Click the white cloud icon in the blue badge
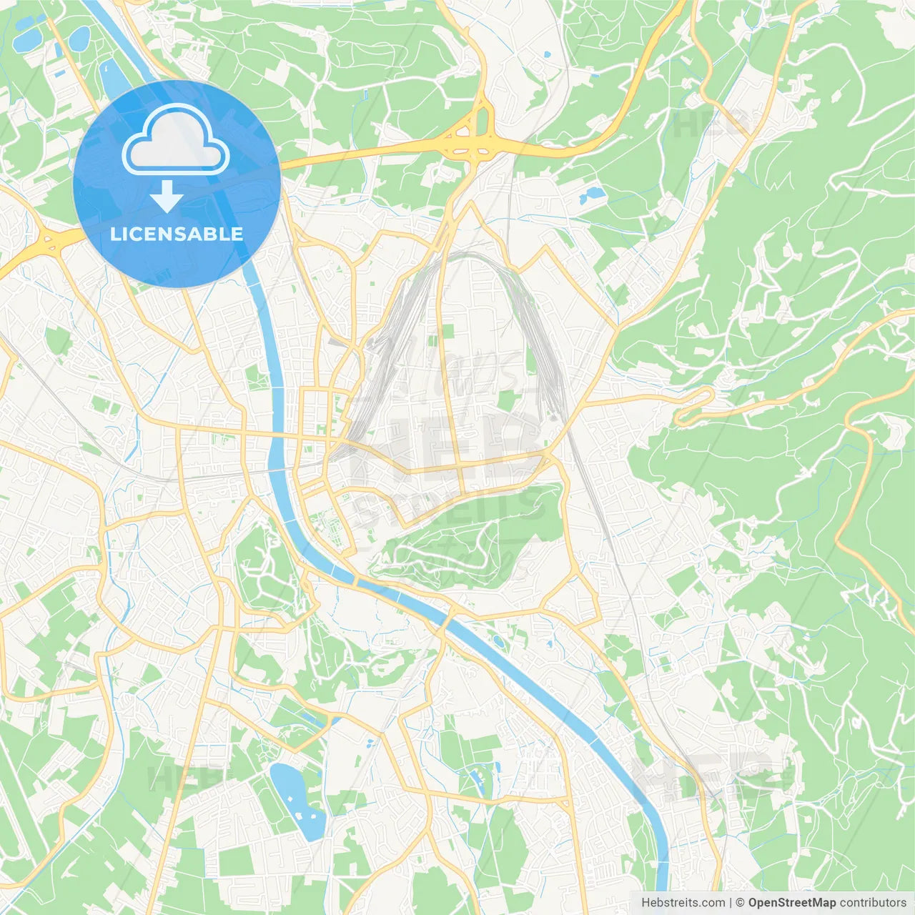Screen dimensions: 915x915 pos(176,139)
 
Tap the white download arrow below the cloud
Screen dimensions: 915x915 pos(167,197)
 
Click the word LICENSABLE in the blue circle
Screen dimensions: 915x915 pos(177,234)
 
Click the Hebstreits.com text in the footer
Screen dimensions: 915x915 pos(683,903)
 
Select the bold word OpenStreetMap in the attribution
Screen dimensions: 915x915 pos(791,903)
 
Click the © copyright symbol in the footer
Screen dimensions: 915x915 pos(740,903)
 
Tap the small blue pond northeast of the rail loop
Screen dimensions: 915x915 pos(593,193)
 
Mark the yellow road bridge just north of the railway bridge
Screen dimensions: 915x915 pos(276,434)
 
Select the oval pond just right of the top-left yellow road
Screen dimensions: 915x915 pos(81,36)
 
